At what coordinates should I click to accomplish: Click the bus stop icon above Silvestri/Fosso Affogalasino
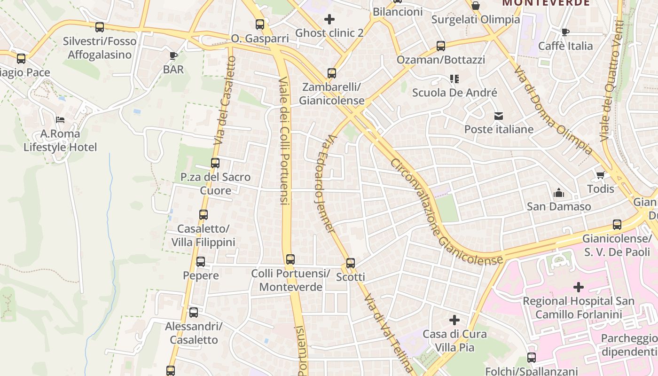click(x=99, y=27)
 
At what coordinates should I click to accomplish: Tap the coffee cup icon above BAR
click(x=173, y=56)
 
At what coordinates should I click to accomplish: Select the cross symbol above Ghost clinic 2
click(x=329, y=19)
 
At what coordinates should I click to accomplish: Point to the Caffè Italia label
click(x=565, y=46)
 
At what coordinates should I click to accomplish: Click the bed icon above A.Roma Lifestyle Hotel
click(x=60, y=120)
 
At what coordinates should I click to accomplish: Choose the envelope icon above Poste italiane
click(x=499, y=116)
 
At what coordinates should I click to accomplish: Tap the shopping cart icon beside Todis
click(x=600, y=175)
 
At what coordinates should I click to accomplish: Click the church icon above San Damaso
click(x=558, y=193)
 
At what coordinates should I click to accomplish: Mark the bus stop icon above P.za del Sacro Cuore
click(x=215, y=163)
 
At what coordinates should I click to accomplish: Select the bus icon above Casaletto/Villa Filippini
click(x=204, y=215)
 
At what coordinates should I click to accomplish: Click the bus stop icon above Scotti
click(x=351, y=263)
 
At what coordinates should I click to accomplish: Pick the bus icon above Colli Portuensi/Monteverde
click(x=290, y=259)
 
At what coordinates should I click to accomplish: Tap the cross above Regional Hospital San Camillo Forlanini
click(x=579, y=287)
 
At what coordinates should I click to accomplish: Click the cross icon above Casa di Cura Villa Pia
click(x=454, y=321)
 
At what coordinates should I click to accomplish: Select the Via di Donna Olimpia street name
click(x=553, y=110)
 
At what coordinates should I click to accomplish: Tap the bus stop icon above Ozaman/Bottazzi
click(x=441, y=46)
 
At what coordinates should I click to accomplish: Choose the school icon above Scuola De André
click(x=454, y=78)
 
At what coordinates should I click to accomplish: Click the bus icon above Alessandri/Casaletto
click(x=194, y=313)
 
